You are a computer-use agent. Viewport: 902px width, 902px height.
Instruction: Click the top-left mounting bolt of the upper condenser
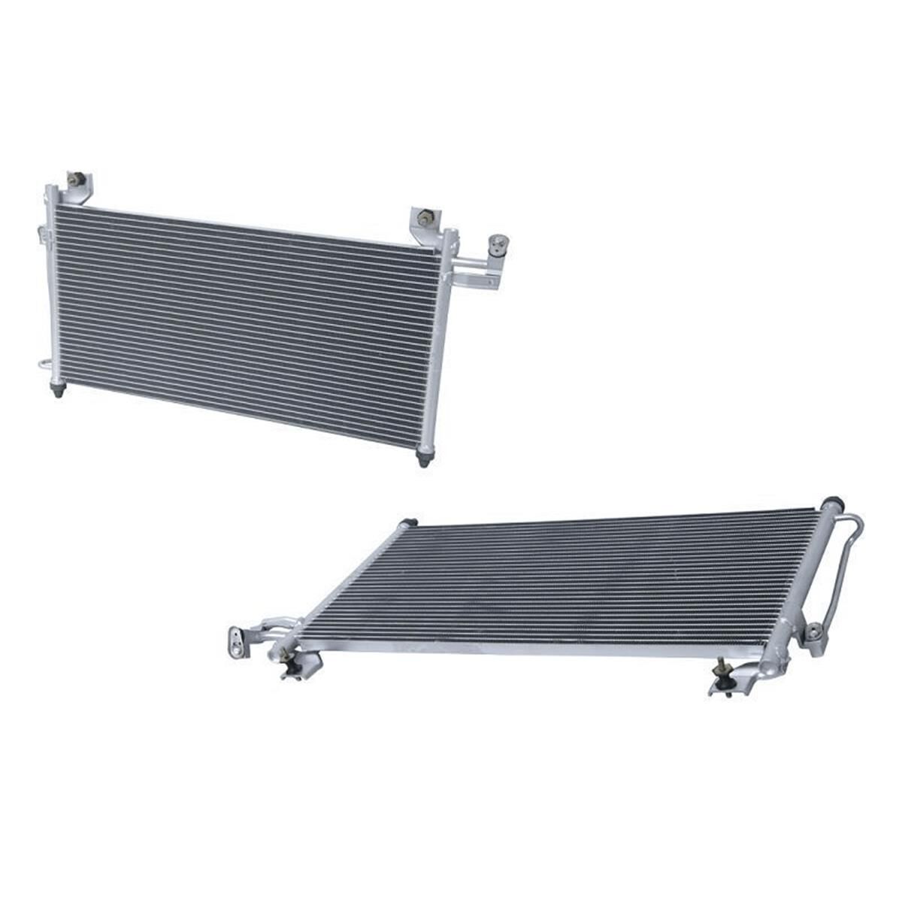pyautogui.click(x=76, y=179)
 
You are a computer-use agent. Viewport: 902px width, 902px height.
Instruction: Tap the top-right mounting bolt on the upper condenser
pyautogui.click(x=425, y=218)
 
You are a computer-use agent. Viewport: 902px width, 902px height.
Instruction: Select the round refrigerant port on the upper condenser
pyautogui.click(x=497, y=242)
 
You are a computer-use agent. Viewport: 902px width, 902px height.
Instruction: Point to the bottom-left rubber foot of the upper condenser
pyautogui.click(x=58, y=390)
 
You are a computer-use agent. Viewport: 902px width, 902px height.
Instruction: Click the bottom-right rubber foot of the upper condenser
pyautogui.click(x=424, y=458)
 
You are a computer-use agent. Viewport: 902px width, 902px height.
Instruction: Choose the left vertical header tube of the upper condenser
pyautogui.click(x=52, y=286)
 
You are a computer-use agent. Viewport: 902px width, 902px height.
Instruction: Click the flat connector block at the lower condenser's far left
pyautogui.click(x=238, y=643)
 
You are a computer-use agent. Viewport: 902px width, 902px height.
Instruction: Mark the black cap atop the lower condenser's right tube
pyautogui.click(x=831, y=503)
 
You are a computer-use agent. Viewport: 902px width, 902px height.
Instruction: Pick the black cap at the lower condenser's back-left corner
pyautogui.click(x=409, y=522)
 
